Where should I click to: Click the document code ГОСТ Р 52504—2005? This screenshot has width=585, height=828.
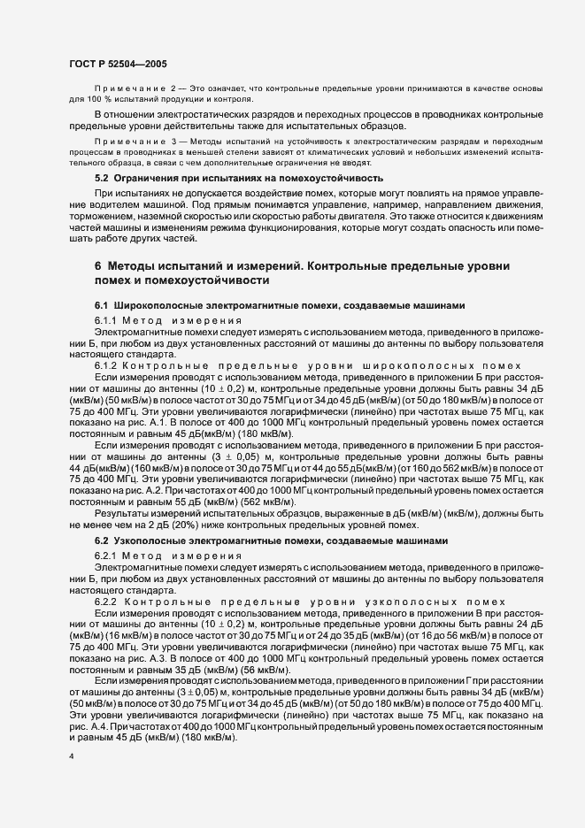118,64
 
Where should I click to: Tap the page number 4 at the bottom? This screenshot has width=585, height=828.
70,757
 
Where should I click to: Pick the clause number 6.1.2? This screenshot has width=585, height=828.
107,364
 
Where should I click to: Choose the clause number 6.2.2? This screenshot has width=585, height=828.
107,600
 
